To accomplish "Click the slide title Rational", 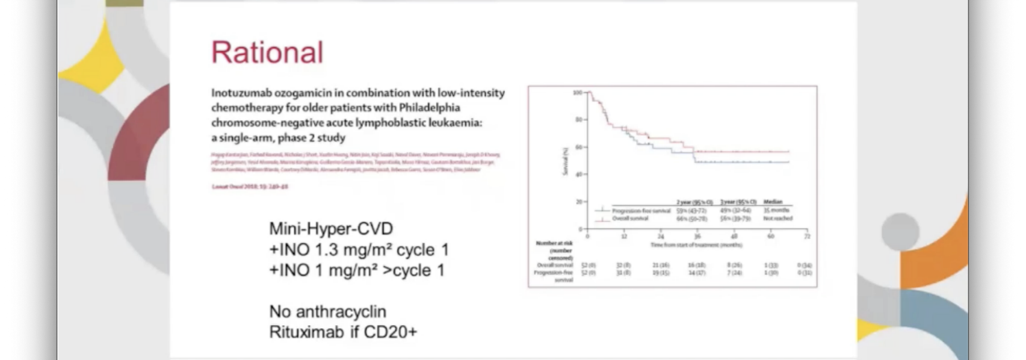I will (267, 52).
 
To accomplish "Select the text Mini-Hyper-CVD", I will (330, 229).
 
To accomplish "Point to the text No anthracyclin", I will (327, 311).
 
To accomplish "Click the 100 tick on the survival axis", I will (577, 93).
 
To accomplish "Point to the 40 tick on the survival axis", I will (578, 175).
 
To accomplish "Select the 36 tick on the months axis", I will (697, 237).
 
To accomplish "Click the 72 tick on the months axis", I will (807, 237).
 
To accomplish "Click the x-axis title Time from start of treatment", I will (696, 245).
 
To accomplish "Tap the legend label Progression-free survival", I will (641, 211).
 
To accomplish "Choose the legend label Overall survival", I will (630, 219).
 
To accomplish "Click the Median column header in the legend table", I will (773, 202).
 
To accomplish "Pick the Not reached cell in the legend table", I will (777, 219).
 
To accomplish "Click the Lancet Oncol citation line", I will (250, 187).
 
